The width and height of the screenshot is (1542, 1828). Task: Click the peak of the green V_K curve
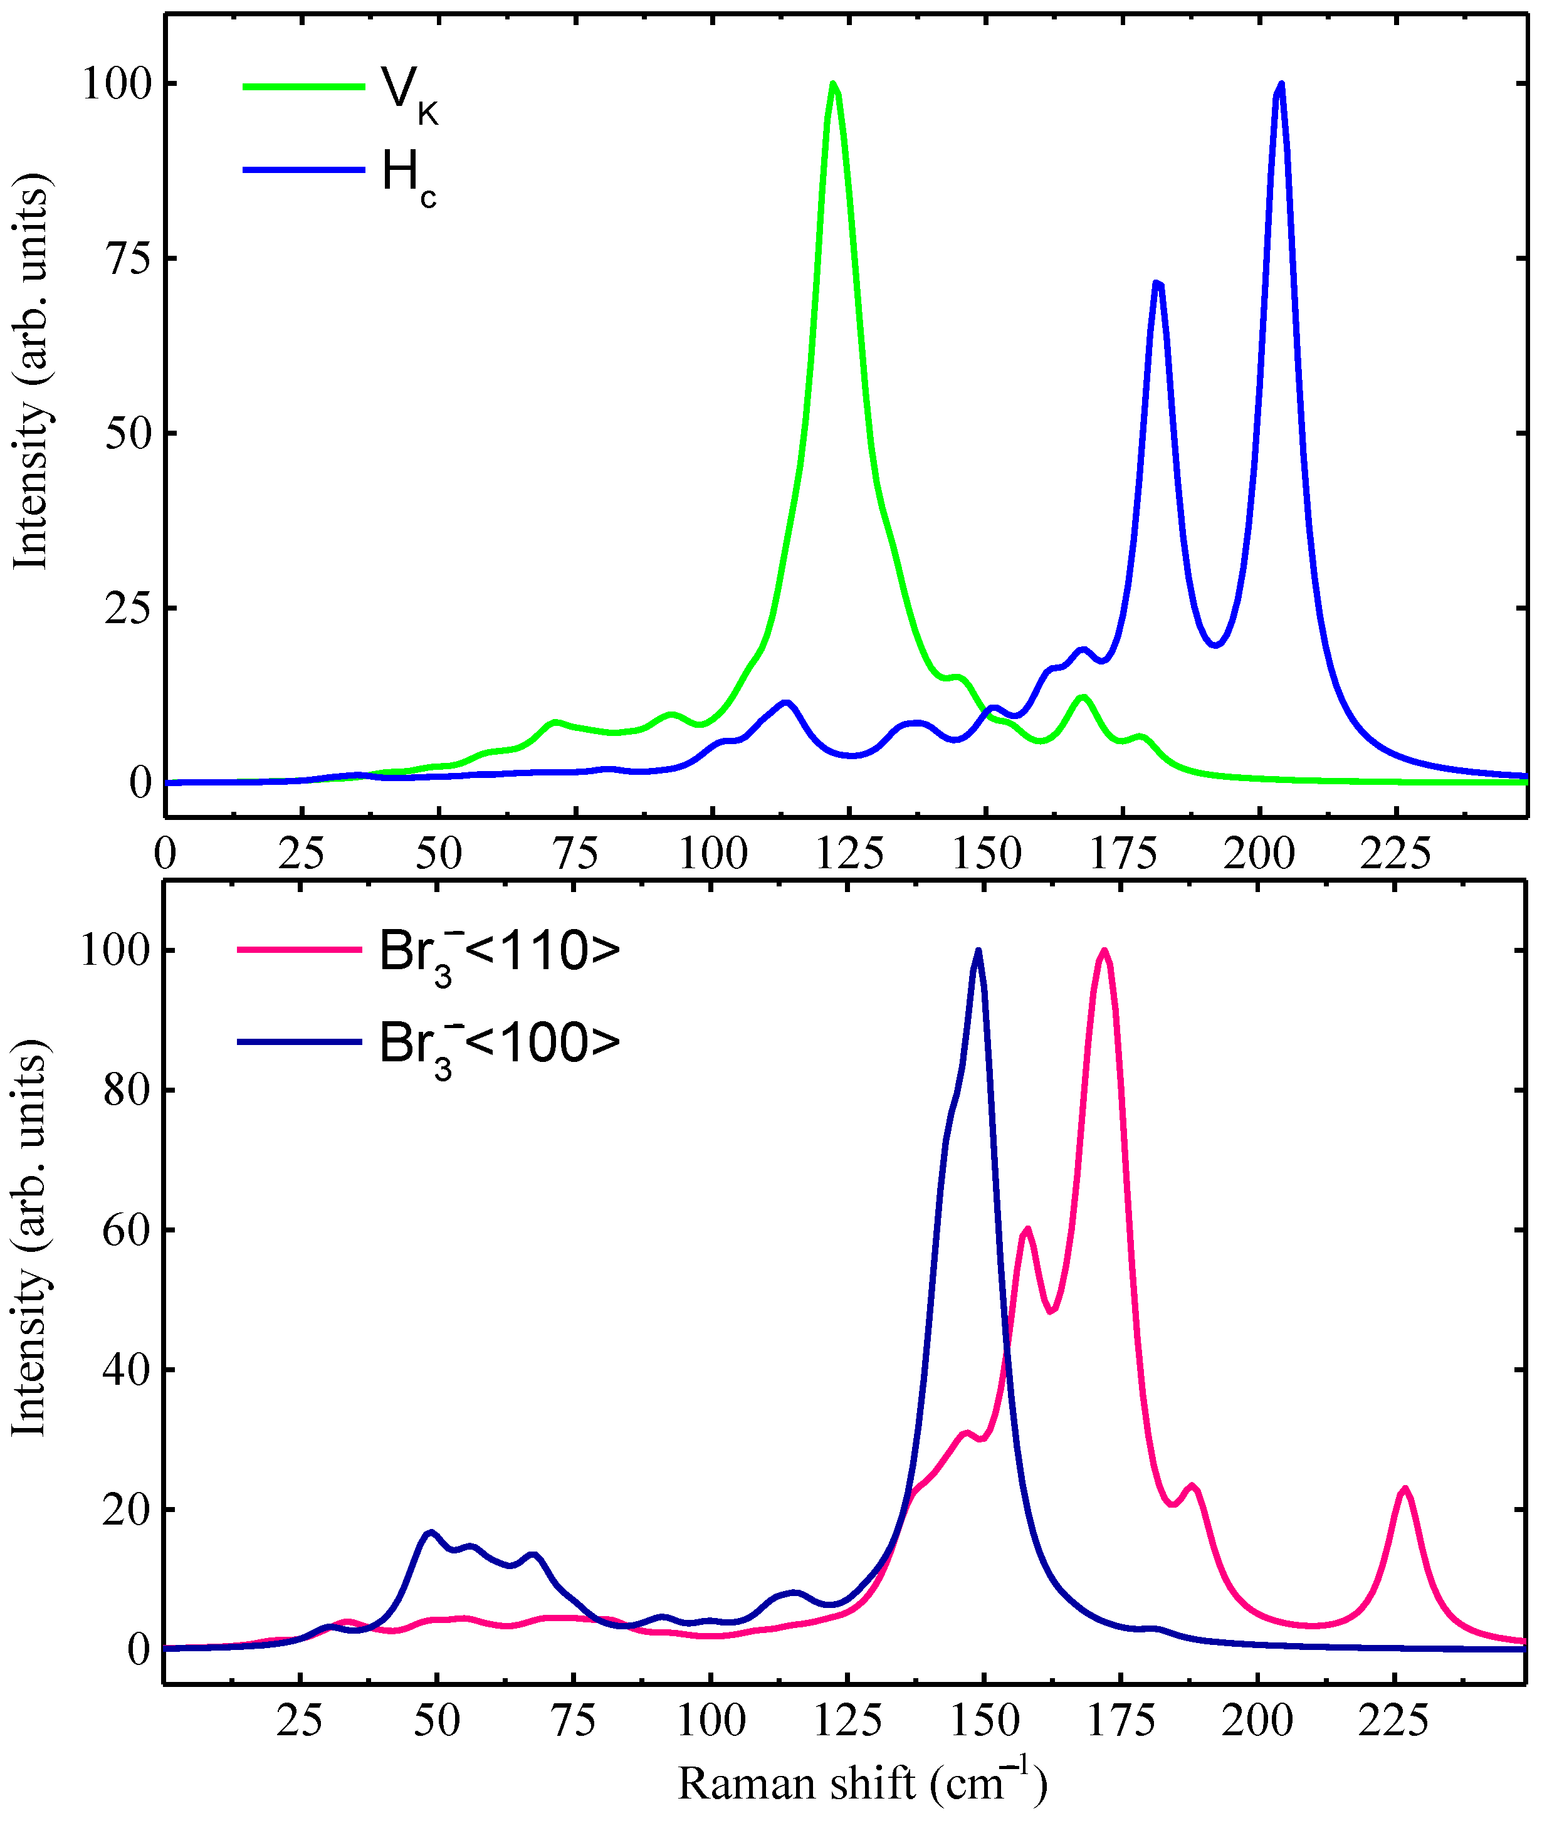833,85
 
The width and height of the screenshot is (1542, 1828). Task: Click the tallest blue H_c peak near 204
1281,85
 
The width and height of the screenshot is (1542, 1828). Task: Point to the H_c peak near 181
1157,283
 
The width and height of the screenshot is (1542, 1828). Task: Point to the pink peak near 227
1405,1488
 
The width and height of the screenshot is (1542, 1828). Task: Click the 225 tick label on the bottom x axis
1393,1720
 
